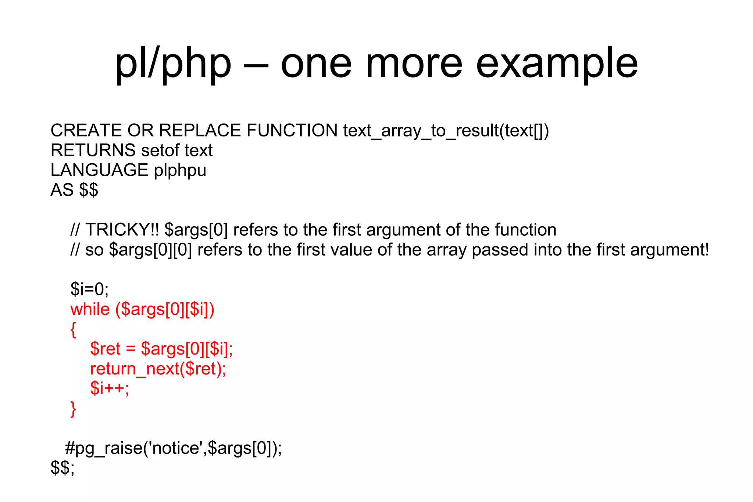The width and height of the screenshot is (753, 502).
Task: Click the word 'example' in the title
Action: click(x=557, y=64)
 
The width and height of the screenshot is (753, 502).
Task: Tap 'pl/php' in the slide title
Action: click(x=173, y=64)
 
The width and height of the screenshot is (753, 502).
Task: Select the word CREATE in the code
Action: click(x=86, y=131)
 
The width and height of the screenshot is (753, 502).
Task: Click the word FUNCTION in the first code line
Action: click(x=292, y=131)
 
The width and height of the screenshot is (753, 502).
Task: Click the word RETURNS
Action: click(x=93, y=150)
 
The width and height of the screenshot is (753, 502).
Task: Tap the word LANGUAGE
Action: click(x=99, y=170)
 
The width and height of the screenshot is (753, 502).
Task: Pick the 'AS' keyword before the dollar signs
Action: click(x=62, y=190)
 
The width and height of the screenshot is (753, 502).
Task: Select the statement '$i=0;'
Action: click(x=89, y=289)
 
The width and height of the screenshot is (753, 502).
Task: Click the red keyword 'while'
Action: click(x=90, y=309)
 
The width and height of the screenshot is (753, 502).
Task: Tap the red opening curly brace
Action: click(x=73, y=330)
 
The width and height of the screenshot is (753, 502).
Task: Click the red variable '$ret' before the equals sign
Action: click(x=105, y=349)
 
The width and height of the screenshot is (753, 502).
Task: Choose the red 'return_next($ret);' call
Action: click(x=158, y=369)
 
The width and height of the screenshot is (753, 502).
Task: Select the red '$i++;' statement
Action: click(x=110, y=388)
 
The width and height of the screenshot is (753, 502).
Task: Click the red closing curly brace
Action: click(x=73, y=409)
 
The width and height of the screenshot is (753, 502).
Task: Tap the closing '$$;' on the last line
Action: click(x=63, y=468)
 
